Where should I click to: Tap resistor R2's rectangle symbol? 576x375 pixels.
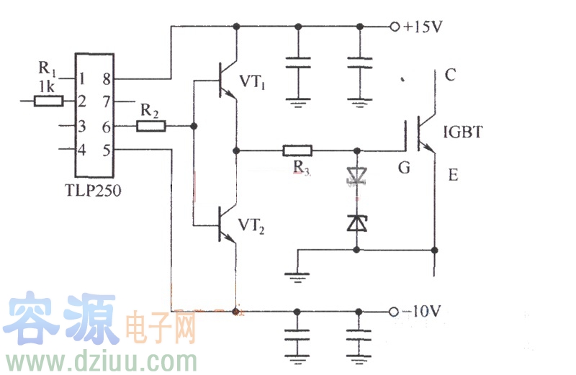[151, 127]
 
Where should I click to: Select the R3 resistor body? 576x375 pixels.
[297, 151]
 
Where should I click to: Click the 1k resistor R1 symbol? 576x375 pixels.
[48, 101]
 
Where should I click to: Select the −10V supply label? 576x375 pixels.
[422, 312]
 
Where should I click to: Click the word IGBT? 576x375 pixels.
[464, 132]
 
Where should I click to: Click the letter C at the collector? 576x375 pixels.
[451, 75]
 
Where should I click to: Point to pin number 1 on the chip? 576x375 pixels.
[83, 78]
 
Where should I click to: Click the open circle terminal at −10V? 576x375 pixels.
[393, 312]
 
